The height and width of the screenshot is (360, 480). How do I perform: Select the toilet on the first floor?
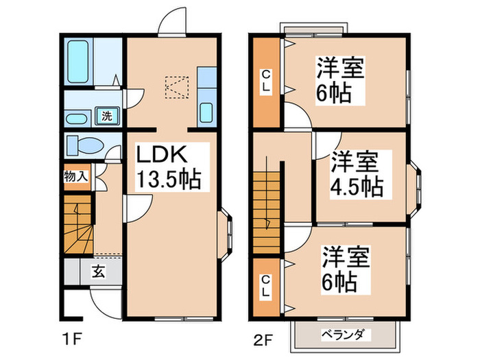coord(84,146)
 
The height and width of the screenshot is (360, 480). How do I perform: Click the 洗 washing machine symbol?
coord(107,116)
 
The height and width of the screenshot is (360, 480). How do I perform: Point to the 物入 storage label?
coord(76,176)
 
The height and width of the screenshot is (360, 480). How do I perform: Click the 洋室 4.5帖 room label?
coord(357,174)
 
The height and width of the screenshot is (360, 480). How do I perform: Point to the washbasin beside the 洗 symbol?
coord(77,117)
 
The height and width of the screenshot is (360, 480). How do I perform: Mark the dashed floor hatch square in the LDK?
coord(176,88)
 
